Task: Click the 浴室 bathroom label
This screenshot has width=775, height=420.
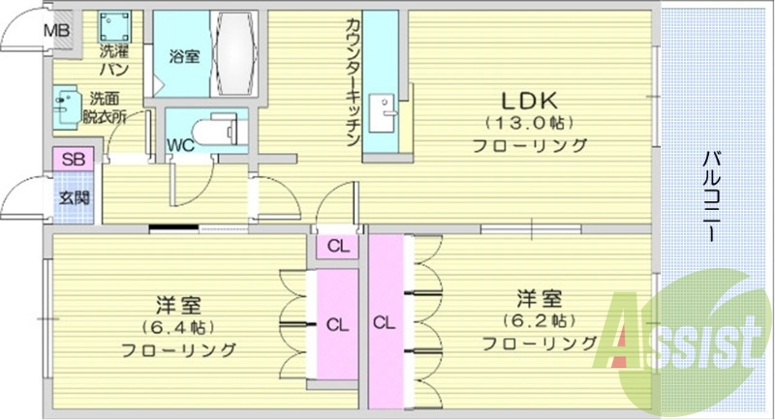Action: pos(185,55)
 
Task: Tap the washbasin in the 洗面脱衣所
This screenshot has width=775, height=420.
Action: pos(68,107)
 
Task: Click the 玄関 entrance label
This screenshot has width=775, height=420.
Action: pos(73,198)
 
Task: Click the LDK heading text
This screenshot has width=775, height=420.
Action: pos(529,101)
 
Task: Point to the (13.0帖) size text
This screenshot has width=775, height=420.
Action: pos(529,124)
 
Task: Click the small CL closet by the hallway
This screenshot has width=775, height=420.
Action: pos(336,246)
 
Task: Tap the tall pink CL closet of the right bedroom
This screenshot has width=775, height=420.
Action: pos(385,322)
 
